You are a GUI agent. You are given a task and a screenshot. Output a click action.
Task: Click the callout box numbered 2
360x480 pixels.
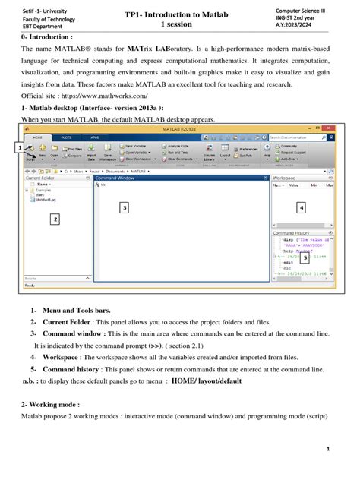tap(54, 219)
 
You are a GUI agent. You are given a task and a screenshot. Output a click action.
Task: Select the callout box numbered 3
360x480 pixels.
tap(125, 207)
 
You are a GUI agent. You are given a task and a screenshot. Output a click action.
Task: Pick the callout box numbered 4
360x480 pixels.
tap(302, 207)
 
